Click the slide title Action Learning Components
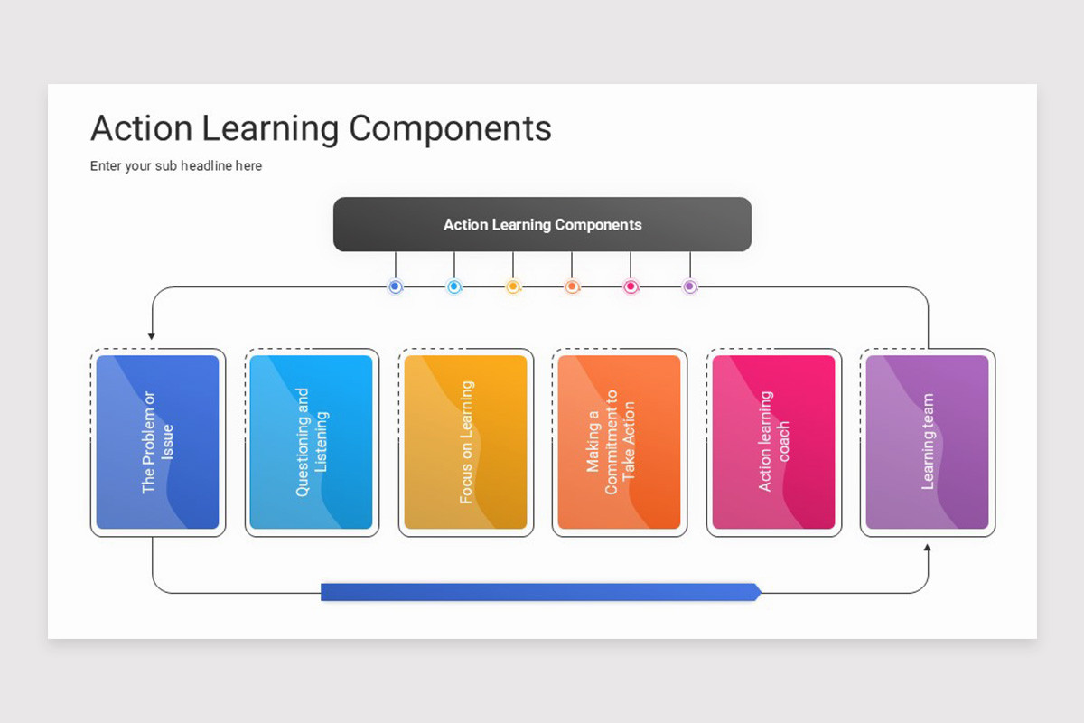click(x=321, y=128)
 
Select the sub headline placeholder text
click(x=176, y=166)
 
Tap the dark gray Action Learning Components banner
click(x=542, y=224)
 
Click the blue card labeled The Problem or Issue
click(x=157, y=442)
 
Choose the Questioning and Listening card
click(x=311, y=442)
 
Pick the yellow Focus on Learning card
click(x=465, y=442)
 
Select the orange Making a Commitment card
click(x=619, y=442)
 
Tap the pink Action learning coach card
click(x=773, y=442)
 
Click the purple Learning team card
click(x=927, y=442)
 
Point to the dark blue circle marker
click(x=395, y=286)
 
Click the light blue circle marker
click(x=454, y=286)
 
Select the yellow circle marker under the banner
click(x=513, y=286)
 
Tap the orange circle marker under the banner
click(x=572, y=286)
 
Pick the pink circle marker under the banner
click(x=631, y=286)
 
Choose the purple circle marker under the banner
click(x=690, y=286)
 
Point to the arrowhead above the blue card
click(x=152, y=336)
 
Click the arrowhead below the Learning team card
click(x=927, y=547)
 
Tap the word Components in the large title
click(x=450, y=128)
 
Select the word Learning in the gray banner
click(x=521, y=225)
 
